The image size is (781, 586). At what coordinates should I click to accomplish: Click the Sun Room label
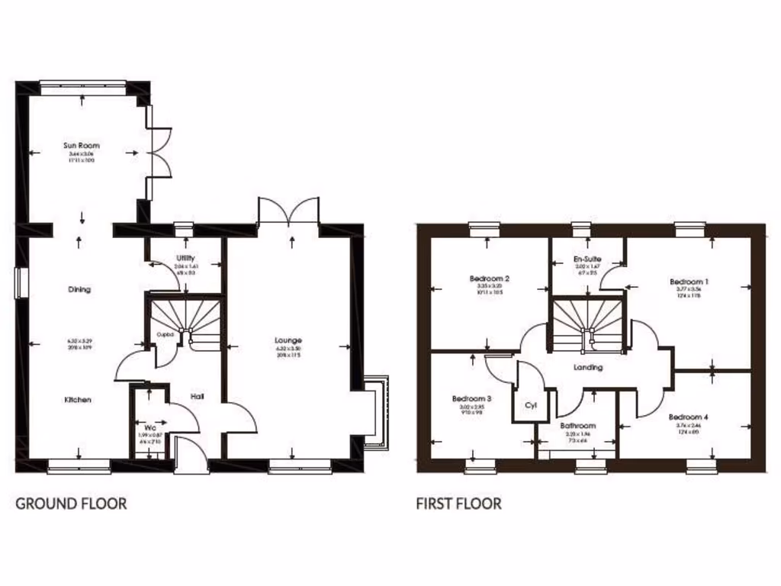81,145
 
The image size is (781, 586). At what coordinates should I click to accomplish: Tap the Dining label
79,290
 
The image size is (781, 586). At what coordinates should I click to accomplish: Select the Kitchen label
78,400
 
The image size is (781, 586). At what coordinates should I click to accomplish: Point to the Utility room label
185,258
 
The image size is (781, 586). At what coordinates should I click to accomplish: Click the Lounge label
289,340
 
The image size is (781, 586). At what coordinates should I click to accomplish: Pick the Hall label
198,397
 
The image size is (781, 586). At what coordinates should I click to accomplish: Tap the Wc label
149,428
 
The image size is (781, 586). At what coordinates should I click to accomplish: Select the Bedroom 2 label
489,279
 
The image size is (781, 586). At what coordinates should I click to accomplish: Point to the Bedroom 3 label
471,399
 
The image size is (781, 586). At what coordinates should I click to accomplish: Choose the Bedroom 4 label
688,417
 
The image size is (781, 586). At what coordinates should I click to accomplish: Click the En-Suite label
587,259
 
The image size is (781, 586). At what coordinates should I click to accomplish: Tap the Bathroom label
577,427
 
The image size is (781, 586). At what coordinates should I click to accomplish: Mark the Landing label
588,368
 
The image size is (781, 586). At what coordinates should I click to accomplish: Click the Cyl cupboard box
531,406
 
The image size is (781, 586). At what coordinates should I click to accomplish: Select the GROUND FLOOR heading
71,504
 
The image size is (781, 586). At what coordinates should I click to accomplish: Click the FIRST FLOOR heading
458,504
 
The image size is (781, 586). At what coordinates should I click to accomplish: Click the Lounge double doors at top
288,211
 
